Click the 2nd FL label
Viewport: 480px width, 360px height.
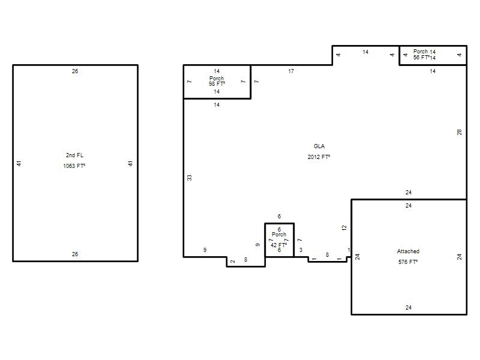[x=74, y=155]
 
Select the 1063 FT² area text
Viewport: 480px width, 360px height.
[x=74, y=166]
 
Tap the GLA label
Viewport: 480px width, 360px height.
[x=319, y=146]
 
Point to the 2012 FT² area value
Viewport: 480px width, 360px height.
[x=319, y=157]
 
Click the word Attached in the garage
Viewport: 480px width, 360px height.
[x=408, y=251]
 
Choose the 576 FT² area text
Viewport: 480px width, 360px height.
[x=408, y=262]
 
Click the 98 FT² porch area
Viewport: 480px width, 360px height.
[x=217, y=83]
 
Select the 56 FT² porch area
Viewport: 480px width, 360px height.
[x=421, y=57]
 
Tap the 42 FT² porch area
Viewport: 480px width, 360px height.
[x=278, y=245]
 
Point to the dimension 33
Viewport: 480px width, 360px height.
[x=190, y=178]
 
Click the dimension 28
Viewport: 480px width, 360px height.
[x=459, y=132]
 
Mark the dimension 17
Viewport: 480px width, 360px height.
[x=291, y=71]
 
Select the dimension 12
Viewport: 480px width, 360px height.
[x=344, y=228]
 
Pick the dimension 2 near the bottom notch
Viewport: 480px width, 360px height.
[x=233, y=262]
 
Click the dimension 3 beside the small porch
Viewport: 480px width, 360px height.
[x=301, y=250]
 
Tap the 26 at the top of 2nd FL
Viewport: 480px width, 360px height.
[x=75, y=71]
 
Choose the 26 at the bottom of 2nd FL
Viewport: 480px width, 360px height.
[x=75, y=254]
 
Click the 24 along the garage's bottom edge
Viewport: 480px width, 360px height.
[x=409, y=308]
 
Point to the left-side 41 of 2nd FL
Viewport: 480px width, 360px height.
[x=19, y=163]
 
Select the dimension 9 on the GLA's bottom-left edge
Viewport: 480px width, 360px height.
[x=205, y=250]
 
